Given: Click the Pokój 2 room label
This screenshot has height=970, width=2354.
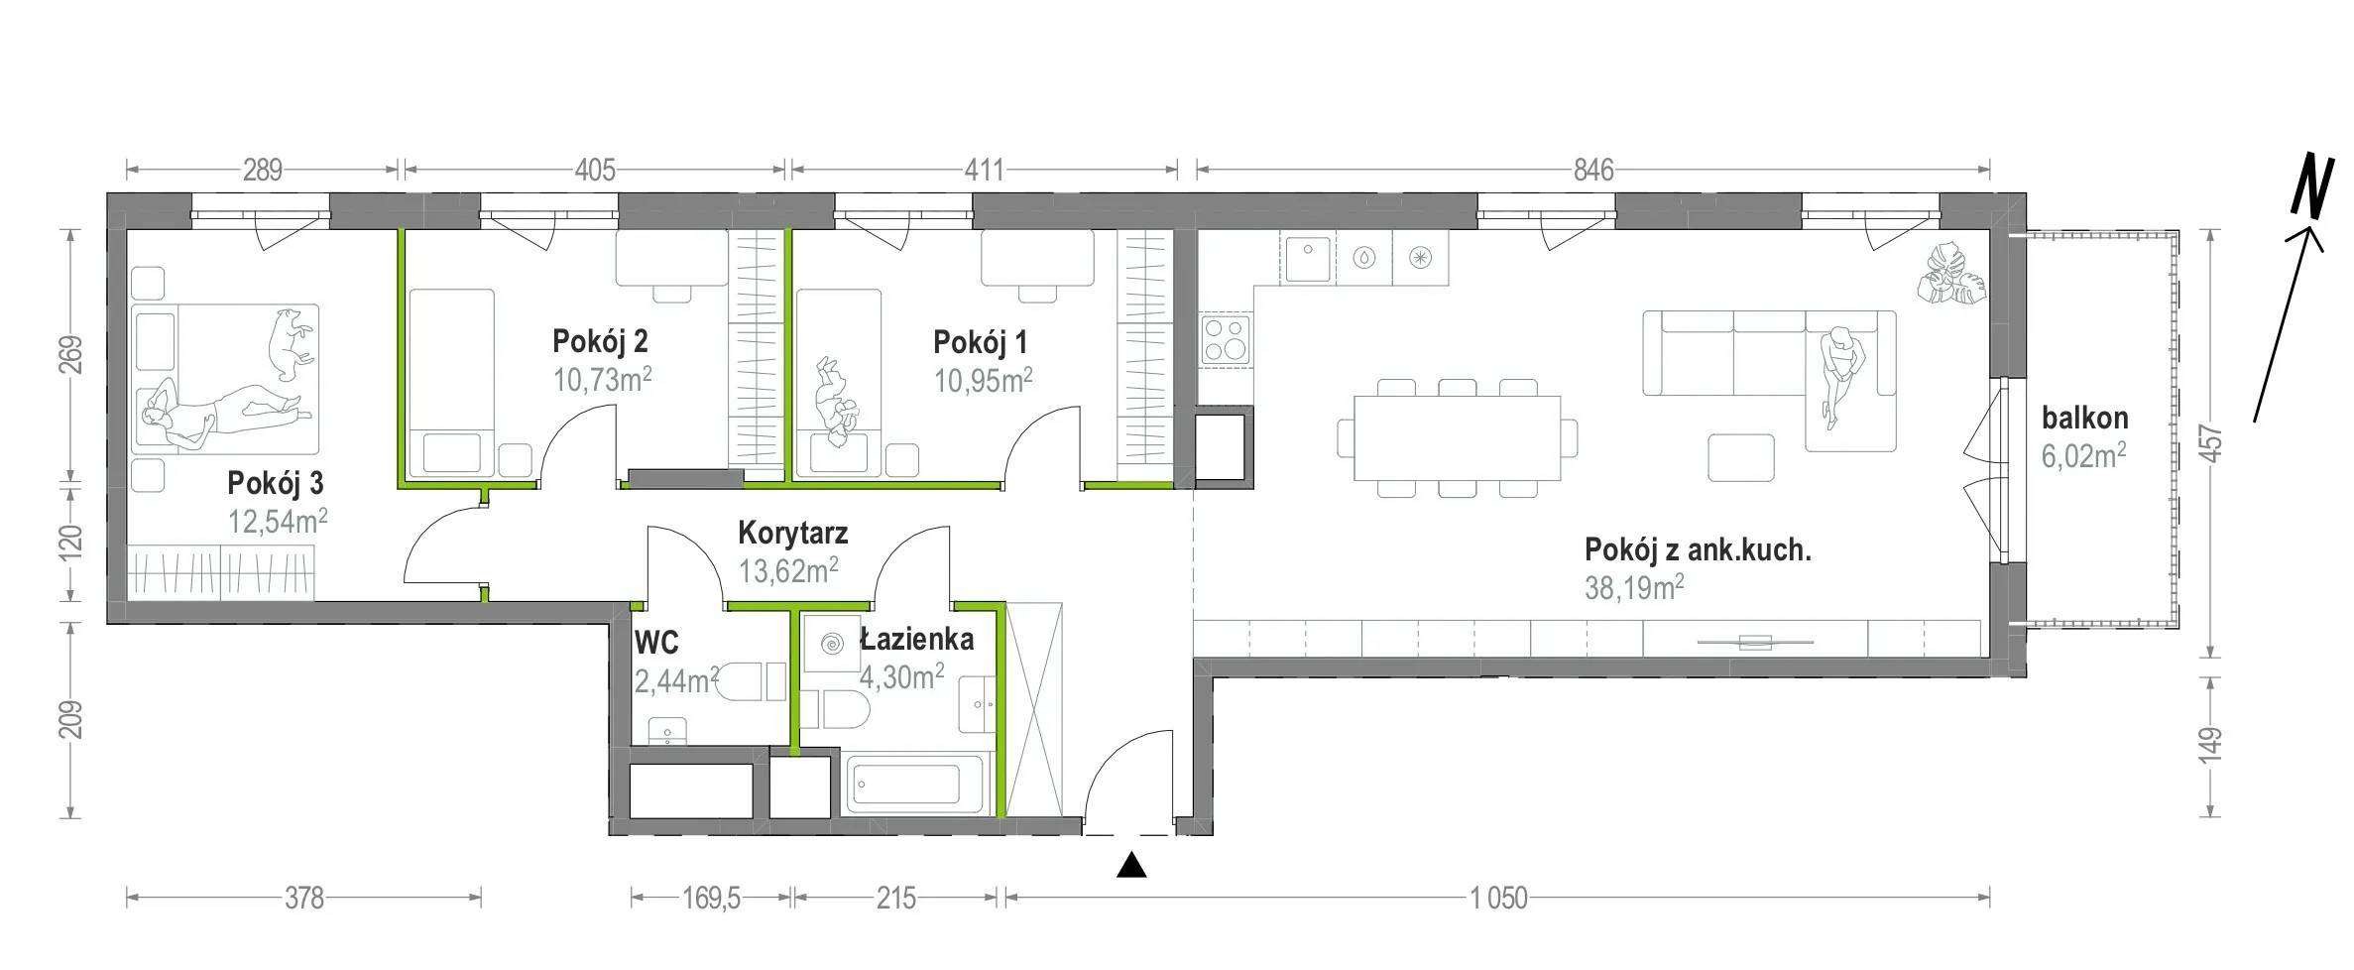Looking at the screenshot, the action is pyautogui.click(x=600, y=342).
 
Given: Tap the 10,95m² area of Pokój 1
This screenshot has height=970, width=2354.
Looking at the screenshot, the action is pyautogui.click(x=984, y=380).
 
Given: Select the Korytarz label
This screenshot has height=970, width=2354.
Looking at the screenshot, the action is pyautogui.click(x=792, y=533).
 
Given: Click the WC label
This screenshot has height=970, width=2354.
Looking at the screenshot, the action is pyautogui.click(x=656, y=643).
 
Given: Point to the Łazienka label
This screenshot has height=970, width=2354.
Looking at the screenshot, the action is pyautogui.click(x=916, y=640).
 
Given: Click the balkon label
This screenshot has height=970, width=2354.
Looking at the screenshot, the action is pyautogui.click(x=2084, y=419).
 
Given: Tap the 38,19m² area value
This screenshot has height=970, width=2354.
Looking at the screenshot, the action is pyautogui.click(x=1634, y=587).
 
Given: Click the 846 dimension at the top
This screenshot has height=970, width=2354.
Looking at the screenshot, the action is pyautogui.click(x=1593, y=170).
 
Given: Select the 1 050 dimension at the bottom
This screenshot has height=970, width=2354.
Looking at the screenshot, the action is pyautogui.click(x=1498, y=899).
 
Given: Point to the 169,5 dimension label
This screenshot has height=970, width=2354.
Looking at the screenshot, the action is pyautogui.click(x=711, y=899).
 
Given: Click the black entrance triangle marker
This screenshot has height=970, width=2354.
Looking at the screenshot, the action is pyautogui.click(x=1131, y=866).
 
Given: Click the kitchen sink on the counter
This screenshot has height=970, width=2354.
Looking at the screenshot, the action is pyautogui.click(x=1307, y=257).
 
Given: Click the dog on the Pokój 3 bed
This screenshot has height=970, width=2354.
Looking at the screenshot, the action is pyautogui.click(x=291, y=344).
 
